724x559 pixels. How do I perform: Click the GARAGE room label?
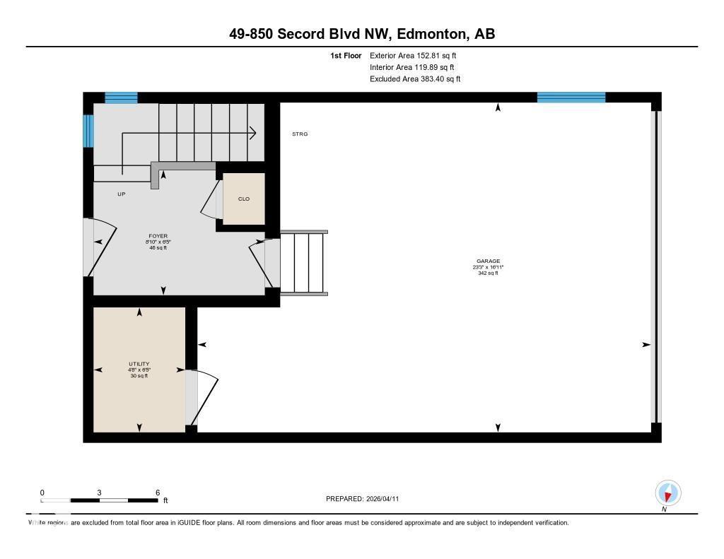[x=488, y=261]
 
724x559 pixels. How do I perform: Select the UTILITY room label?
[x=139, y=364]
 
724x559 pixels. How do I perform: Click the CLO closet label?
[x=243, y=199]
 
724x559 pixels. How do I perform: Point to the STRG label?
[x=300, y=134]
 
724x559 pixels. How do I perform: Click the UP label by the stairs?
[x=122, y=194]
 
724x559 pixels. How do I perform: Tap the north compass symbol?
[x=667, y=493]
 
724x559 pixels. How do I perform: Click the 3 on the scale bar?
[x=100, y=493]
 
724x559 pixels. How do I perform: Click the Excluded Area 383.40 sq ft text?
[x=415, y=79]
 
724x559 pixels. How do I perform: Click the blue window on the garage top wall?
[x=571, y=98]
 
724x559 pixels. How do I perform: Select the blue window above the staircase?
[x=121, y=98]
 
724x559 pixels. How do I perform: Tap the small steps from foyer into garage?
[x=304, y=261]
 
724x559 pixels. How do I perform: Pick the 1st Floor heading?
[x=346, y=55]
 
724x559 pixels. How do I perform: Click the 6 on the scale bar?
[x=158, y=493]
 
